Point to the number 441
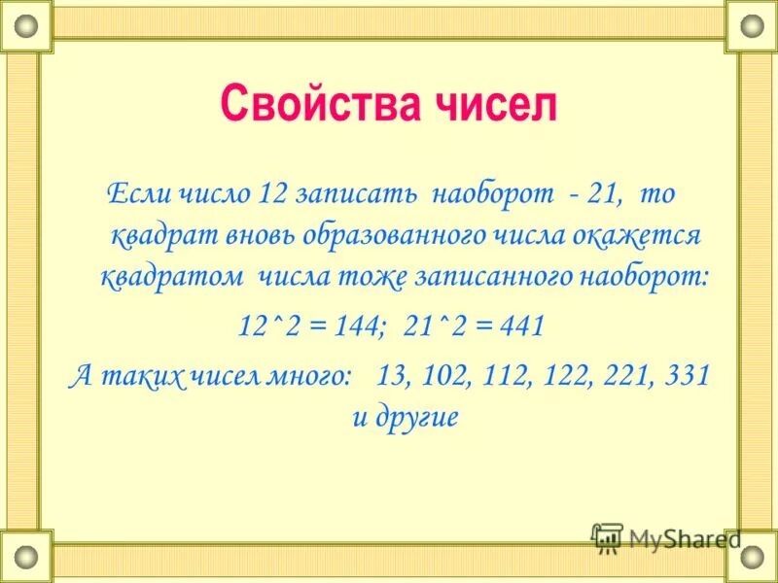point(522,326)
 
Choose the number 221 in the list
point(626,375)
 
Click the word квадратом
point(172,277)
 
